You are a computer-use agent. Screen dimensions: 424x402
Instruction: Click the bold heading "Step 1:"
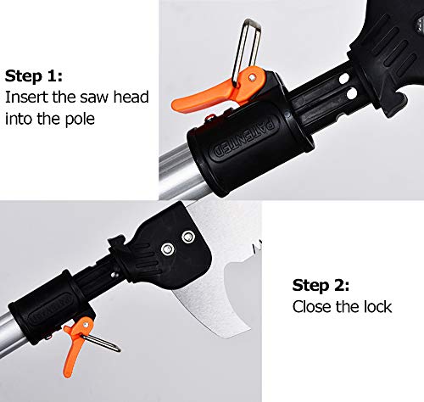[x=34, y=76]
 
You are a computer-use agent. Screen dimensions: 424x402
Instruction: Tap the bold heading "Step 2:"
[x=321, y=285]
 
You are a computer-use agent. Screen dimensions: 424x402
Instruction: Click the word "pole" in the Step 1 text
[x=80, y=119]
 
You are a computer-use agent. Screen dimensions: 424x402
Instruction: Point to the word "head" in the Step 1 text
[x=131, y=97]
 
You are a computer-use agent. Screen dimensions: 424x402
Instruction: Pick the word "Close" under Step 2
[x=311, y=307]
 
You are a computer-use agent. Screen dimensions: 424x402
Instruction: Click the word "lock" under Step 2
[x=377, y=307]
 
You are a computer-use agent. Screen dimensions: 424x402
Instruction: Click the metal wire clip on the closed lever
[x=102, y=343]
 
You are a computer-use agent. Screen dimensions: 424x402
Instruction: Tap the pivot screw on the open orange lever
[x=252, y=76]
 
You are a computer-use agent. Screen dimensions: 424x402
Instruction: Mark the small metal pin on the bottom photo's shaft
[x=114, y=274]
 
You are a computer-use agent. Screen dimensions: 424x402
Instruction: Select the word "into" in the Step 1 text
[x=19, y=119]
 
